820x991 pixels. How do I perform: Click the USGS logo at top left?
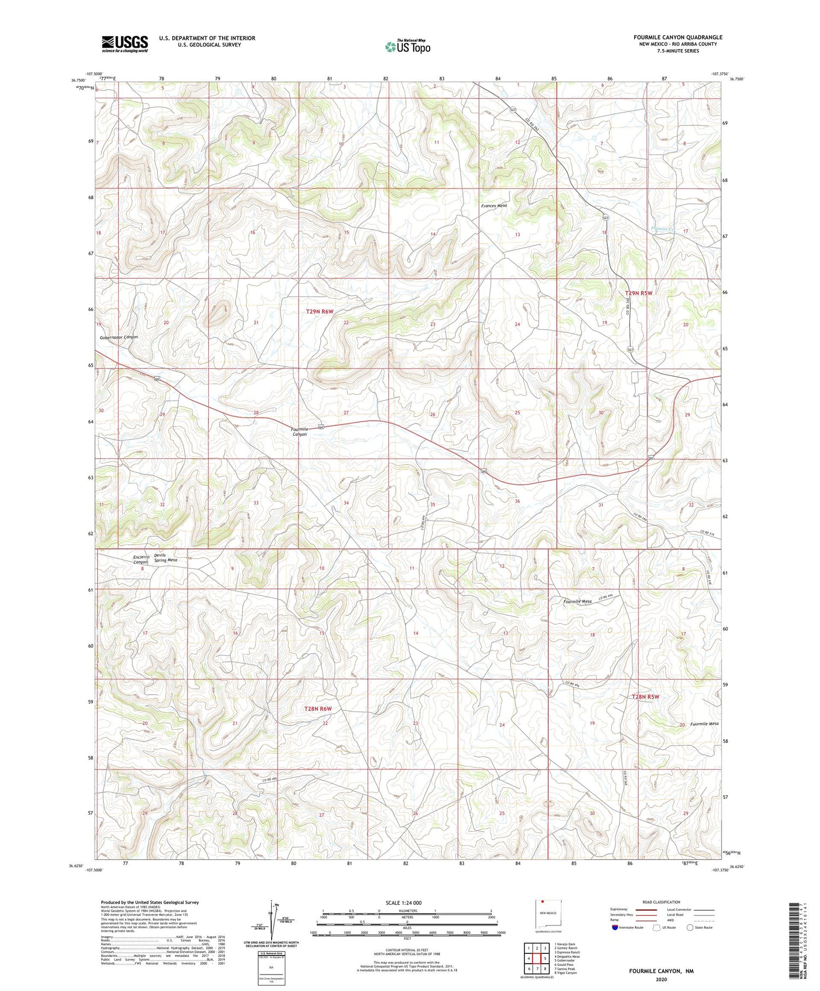pyautogui.click(x=125, y=44)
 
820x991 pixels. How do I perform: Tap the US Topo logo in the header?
pyautogui.click(x=407, y=46)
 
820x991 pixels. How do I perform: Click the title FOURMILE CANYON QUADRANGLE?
pyautogui.click(x=678, y=37)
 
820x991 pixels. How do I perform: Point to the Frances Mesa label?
pyautogui.click(x=494, y=206)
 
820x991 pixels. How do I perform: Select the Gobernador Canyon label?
pyautogui.click(x=119, y=337)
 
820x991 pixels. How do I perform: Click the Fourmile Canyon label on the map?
pyautogui.click(x=300, y=431)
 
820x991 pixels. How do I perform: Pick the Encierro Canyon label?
pyautogui.click(x=141, y=559)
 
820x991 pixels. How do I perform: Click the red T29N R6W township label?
pyautogui.click(x=319, y=312)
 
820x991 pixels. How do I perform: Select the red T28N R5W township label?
pyautogui.click(x=646, y=697)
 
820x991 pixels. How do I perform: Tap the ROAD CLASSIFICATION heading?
pyautogui.click(x=661, y=902)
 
